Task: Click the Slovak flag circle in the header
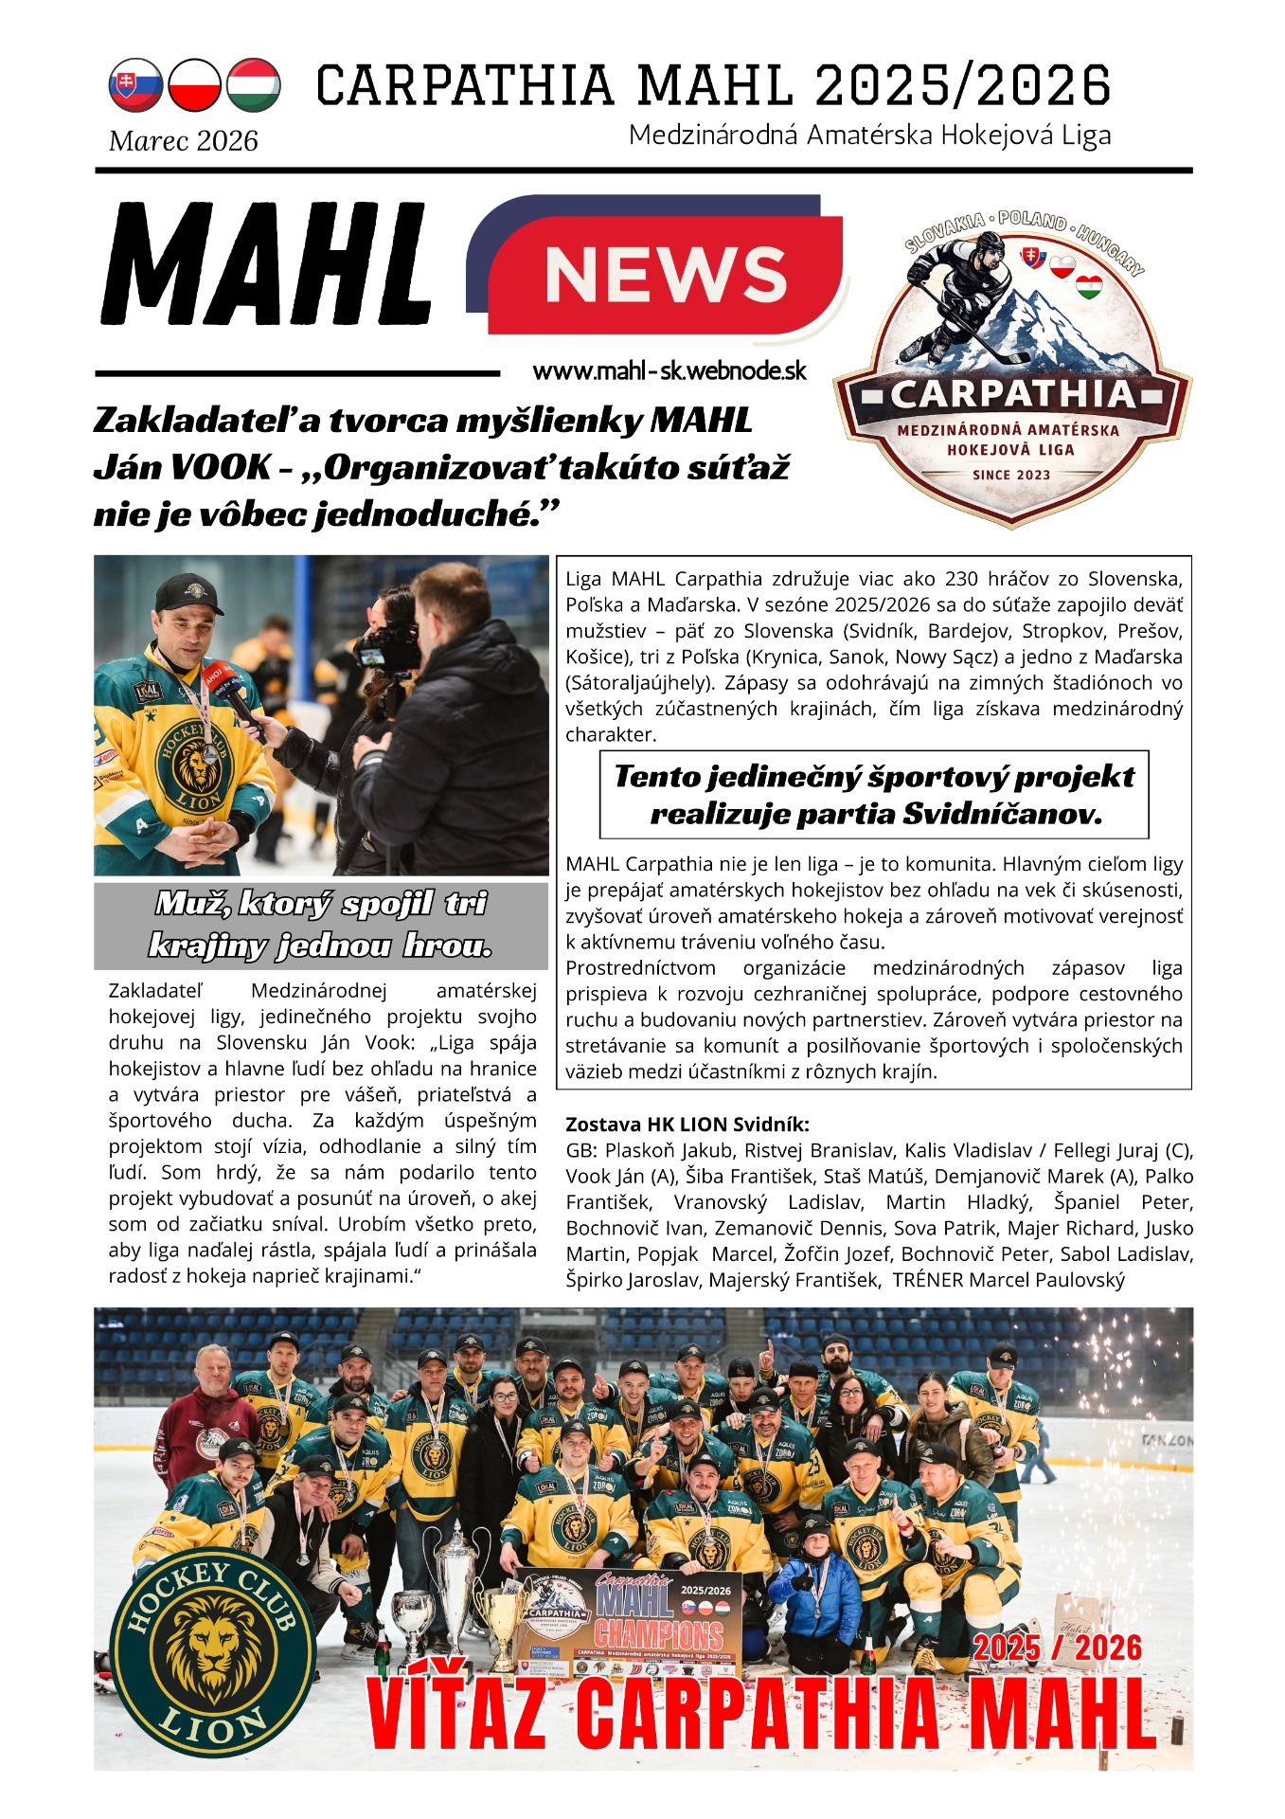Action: pyautogui.click(x=135, y=85)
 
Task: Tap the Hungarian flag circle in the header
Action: pyautogui.click(x=254, y=85)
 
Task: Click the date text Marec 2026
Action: pyautogui.click(x=184, y=141)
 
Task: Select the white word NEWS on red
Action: pyautogui.click(x=666, y=274)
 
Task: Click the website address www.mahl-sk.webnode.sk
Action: pyautogui.click(x=669, y=370)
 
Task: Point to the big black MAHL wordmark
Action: pyautogui.click(x=267, y=263)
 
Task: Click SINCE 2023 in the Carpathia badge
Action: pyautogui.click(x=1011, y=475)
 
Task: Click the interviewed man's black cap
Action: pyautogui.click(x=189, y=592)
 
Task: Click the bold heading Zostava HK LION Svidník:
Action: pyautogui.click(x=687, y=1125)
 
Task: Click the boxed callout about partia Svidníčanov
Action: pyautogui.click(x=873, y=795)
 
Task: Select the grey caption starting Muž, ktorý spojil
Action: pyautogui.click(x=321, y=925)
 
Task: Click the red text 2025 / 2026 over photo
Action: pyautogui.click(x=1057, y=1649)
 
